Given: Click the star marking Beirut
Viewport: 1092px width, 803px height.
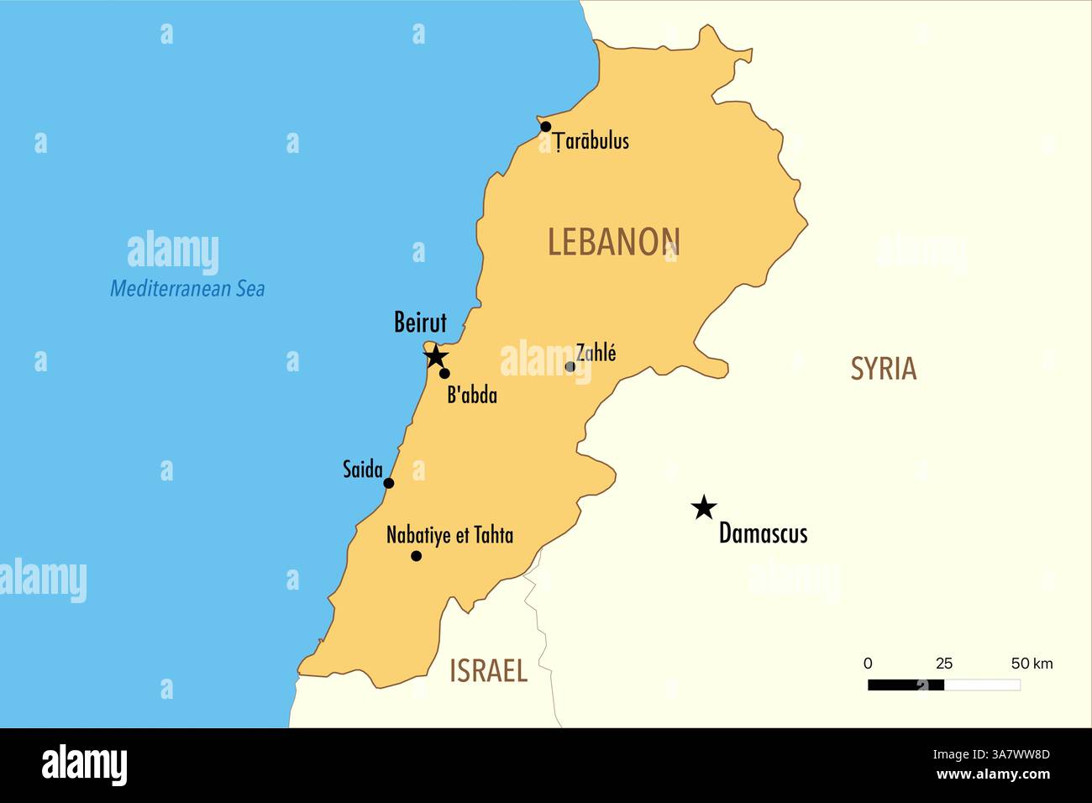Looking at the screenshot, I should [x=435, y=356].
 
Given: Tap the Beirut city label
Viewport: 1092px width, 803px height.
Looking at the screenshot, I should [x=420, y=323].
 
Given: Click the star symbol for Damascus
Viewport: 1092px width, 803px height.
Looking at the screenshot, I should [x=704, y=507].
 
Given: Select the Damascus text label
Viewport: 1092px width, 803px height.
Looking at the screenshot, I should [x=763, y=534].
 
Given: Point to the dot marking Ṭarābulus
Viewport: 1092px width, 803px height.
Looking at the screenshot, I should [x=546, y=127].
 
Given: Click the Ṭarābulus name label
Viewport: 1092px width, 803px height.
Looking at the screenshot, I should [x=591, y=141].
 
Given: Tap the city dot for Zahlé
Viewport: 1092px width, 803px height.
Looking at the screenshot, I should [x=570, y=366].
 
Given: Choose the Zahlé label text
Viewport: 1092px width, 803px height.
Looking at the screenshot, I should [x=596, y=353].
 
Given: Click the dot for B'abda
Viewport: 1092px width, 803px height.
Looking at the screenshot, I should [x=444, y=374].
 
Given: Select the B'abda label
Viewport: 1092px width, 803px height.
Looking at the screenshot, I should [x=471, y=395].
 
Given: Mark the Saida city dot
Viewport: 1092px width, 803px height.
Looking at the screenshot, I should [x=389, y=483].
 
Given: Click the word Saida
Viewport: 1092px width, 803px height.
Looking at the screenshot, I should [x=362, y=470].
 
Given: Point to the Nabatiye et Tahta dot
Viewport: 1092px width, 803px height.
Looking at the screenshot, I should [x=416, y=556].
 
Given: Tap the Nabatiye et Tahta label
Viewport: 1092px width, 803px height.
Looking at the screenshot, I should [x=449, y=535].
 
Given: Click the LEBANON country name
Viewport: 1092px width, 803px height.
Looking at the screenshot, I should [x=613, y=242].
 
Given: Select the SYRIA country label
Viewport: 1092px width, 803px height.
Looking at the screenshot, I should [x=883, y=369].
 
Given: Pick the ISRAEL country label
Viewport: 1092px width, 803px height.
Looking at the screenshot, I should [x=488, y=671].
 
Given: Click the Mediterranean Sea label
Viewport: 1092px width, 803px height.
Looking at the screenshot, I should [x=187, y=289].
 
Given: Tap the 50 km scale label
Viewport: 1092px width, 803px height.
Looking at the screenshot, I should [x=1032, y=664].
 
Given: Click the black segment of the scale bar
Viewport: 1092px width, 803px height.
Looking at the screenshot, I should [x=906, y=685].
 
